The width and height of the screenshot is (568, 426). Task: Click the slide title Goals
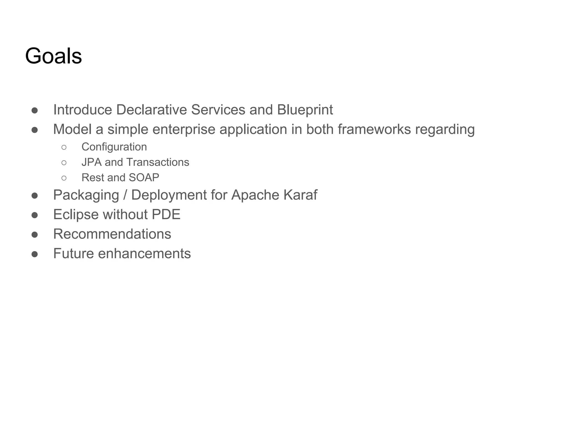coord(54,56)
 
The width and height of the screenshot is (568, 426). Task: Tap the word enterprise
coord(184,130)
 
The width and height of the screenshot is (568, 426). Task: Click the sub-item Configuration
coord(114,147)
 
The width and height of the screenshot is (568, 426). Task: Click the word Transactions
coord(158,162)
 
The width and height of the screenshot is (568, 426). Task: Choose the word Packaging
coord(86,195)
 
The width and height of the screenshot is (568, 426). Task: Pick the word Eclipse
coord(76,215)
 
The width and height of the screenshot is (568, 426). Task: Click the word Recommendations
coord(112,234)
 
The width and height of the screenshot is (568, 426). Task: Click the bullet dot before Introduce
coord(35,110)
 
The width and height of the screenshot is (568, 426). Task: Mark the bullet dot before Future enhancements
coord(35,254)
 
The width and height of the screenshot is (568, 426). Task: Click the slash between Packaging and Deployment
coord(125,195)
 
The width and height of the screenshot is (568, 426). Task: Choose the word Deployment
coord(169,195)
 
